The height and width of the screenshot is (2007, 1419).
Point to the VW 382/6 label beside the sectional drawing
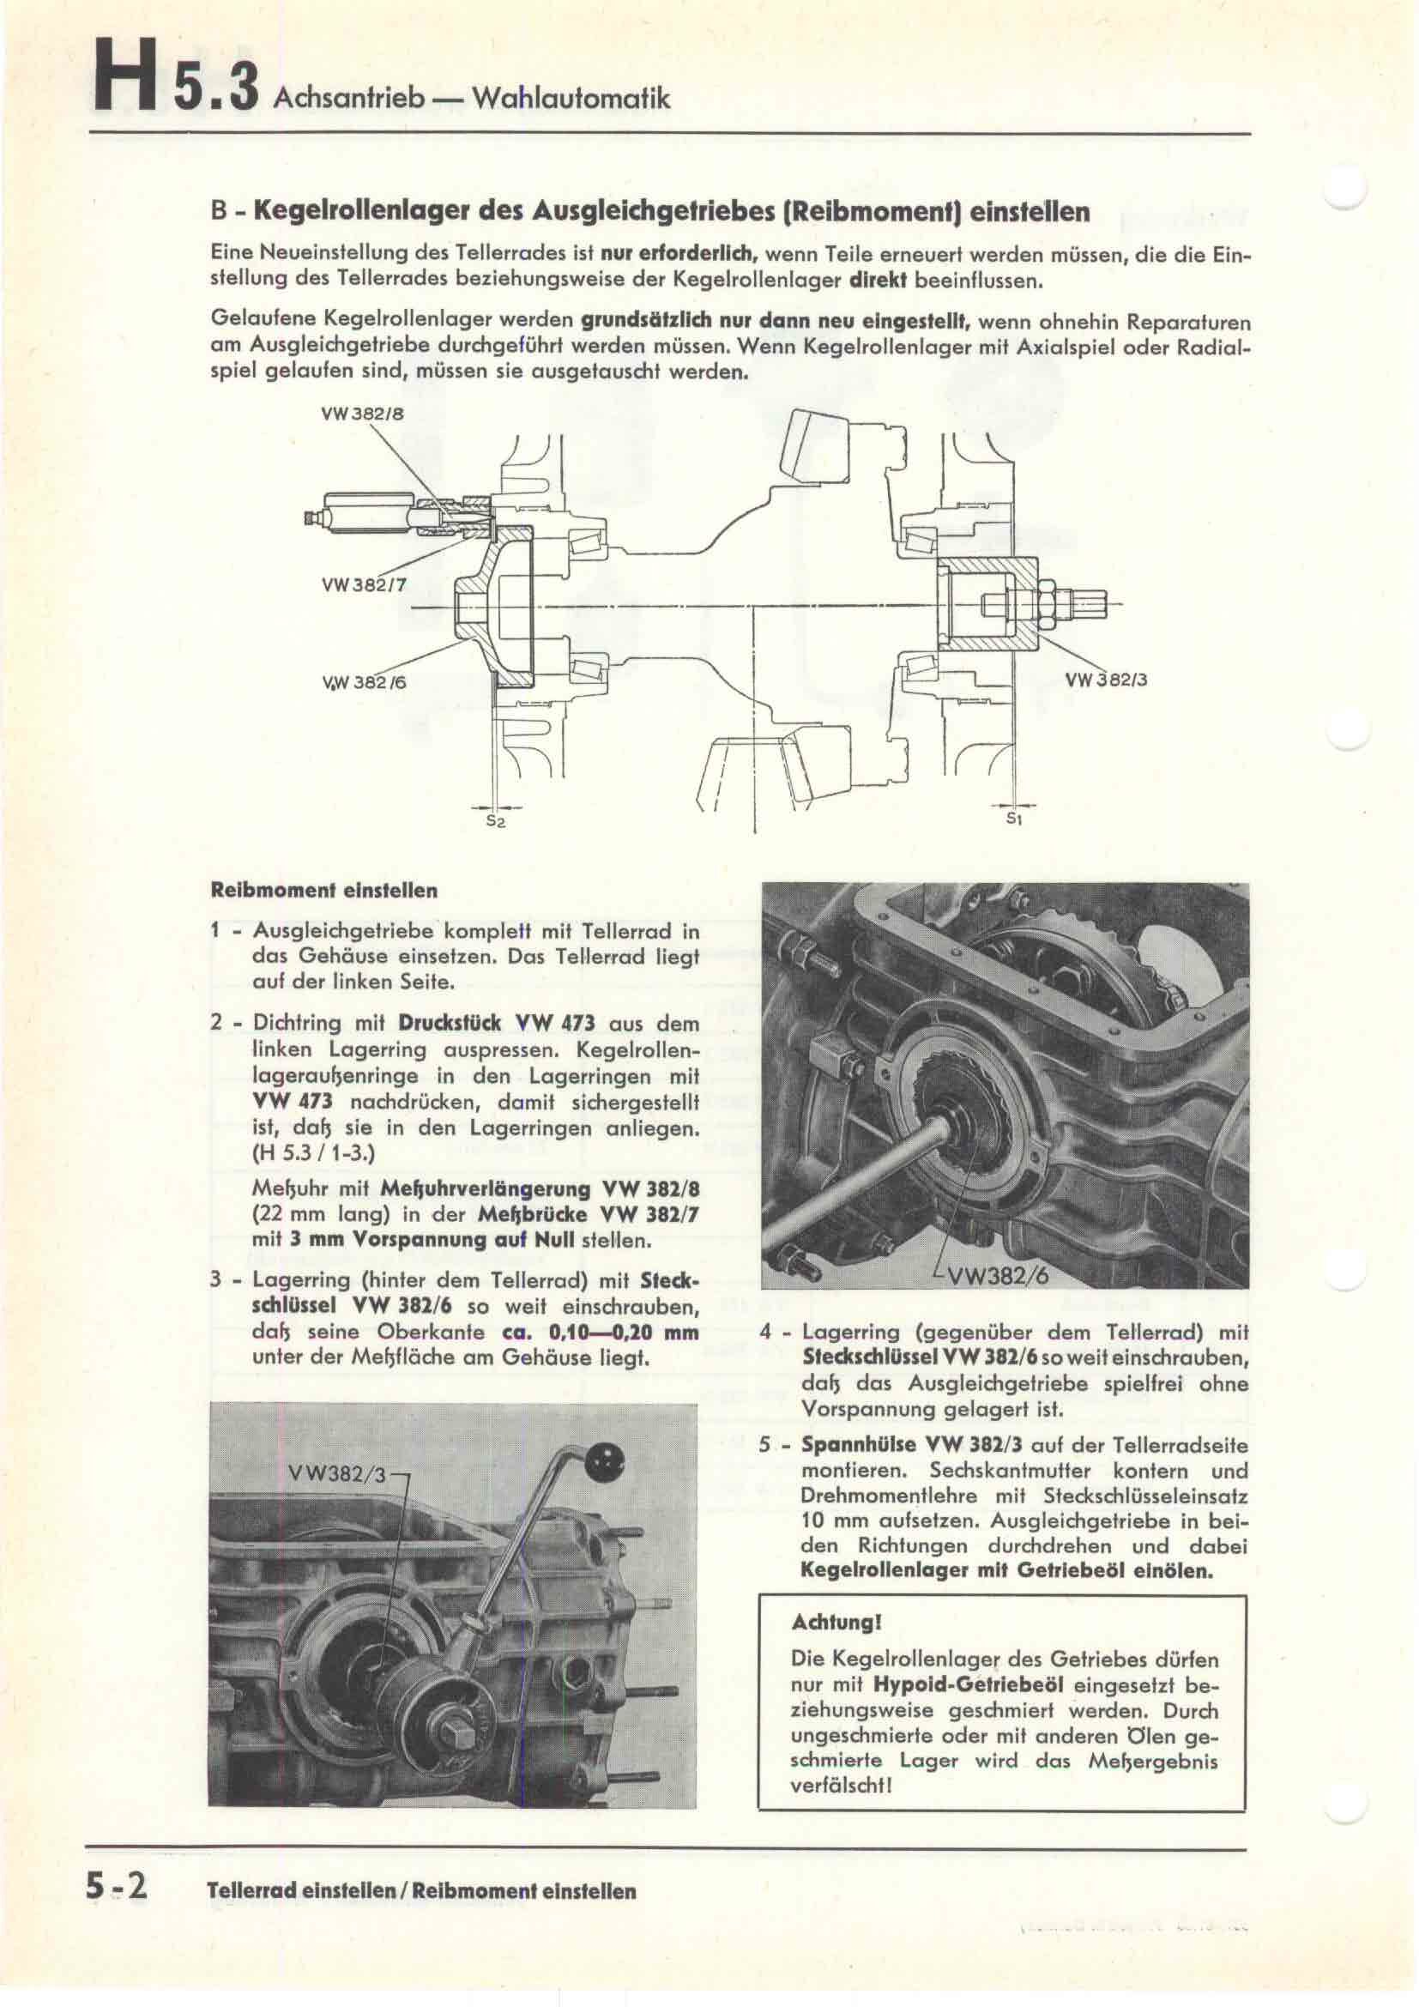click(x=363, y=682)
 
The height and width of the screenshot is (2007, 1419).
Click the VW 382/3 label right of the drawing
click(x=1105, y=680)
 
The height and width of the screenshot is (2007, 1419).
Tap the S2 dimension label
click(x=495, y=821)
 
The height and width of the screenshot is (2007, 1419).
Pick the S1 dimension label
click(x=1013, y=819)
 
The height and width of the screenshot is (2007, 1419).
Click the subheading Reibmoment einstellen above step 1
click(x=324, y=892)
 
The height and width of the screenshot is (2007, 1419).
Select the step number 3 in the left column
click(x=216, y=1281)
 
